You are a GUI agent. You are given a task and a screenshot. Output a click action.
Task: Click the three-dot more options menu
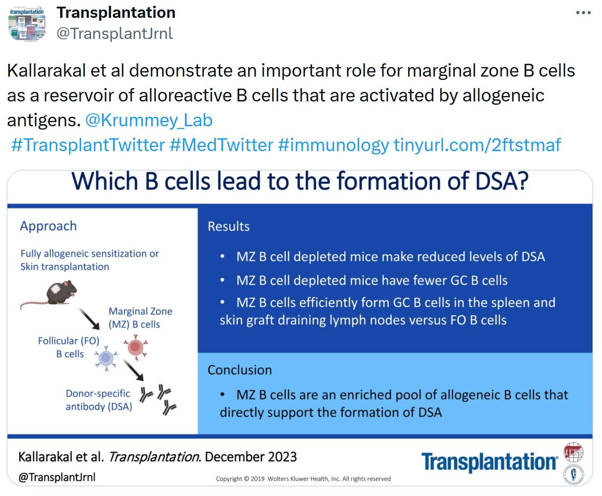[x=583, y=13]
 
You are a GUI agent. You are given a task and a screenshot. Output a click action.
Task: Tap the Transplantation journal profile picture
[x=27, y=23]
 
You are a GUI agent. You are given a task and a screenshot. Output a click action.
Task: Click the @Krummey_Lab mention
[x=149, y=120]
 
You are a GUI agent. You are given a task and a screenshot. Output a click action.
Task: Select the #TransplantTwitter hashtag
[x=88, y=144]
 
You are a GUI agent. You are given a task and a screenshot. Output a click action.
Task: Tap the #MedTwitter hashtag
[x=221, y=144]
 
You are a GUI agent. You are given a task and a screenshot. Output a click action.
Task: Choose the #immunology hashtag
[x=334, y=144]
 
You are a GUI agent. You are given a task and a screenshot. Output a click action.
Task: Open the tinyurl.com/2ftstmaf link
[x=477, y=144]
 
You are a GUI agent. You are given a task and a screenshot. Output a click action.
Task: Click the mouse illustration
[x=49, y=294]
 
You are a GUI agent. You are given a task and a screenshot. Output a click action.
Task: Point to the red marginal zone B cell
[x=135, y=347]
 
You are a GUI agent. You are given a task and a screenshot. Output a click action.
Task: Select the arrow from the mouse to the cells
[x=89, y=319]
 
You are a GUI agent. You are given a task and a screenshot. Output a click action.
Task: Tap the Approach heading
[x=48, y=226]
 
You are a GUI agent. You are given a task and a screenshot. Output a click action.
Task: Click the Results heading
[x=229, y=226]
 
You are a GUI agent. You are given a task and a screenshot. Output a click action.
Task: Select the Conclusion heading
[x=239, y=370]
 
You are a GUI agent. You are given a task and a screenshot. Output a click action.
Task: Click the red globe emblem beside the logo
[x=573, y=452]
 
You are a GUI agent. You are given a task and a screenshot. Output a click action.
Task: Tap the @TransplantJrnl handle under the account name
[x=115, y=34]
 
